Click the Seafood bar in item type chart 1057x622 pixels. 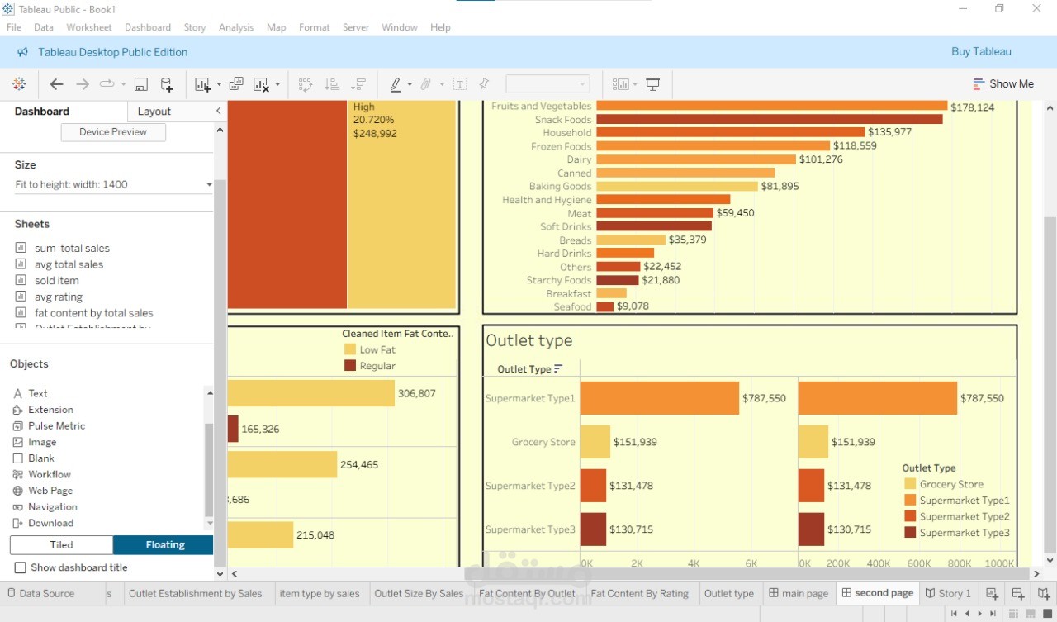(604, 307)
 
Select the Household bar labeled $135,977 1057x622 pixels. (730, 132)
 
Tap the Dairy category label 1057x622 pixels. (579, 159)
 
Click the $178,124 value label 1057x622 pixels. (972, 107)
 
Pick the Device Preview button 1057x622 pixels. (113, 132)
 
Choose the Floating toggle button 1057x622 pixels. (164, 545)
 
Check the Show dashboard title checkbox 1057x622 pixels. (21, 567)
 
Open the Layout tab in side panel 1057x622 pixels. (154, 112)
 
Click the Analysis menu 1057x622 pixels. (236, 27)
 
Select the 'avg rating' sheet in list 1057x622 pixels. (58, 297)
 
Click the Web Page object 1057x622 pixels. (50, 491)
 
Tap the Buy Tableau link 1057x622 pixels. (981, 51)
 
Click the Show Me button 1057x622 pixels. (1002, 83)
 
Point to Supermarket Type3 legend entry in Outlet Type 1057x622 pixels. (964, 533)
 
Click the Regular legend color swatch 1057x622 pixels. (350, 366)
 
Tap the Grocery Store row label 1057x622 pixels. (543, 442)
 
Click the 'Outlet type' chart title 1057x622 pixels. (528, 340)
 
